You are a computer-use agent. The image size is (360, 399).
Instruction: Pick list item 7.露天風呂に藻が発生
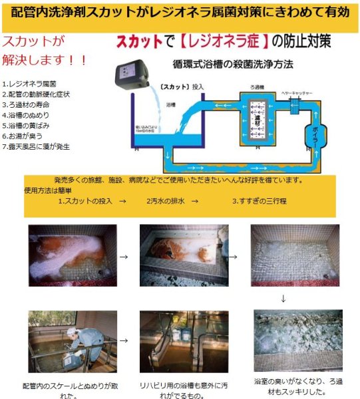pos(36,146)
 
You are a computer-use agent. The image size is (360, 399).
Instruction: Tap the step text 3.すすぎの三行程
pos(259,200)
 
